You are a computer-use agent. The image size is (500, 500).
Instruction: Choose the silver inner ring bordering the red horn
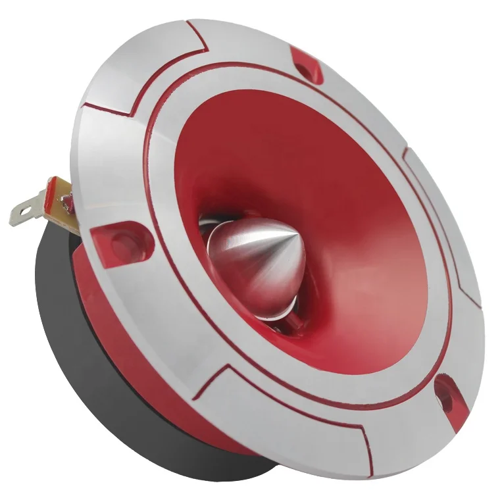[x=164, y=164]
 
